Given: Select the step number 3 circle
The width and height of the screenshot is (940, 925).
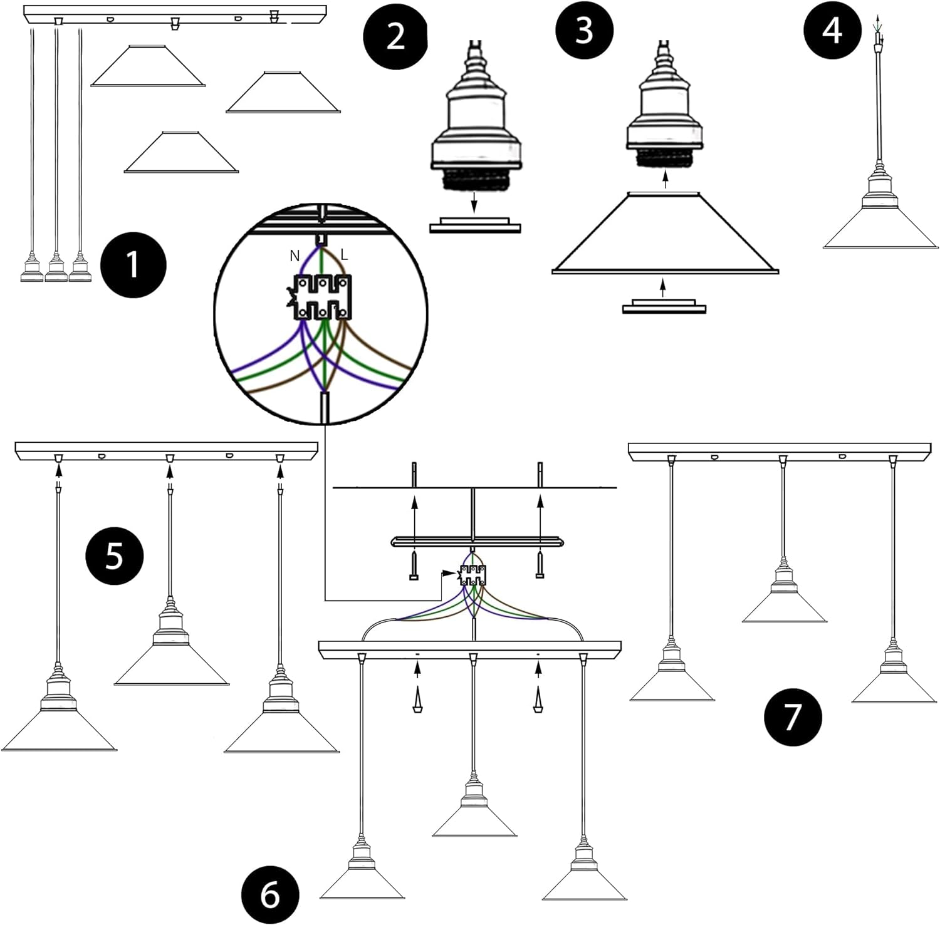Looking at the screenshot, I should pyautogui.click(x=584, y=29).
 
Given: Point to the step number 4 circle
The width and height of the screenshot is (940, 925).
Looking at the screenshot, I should pyautogui.click(x=832, y=29).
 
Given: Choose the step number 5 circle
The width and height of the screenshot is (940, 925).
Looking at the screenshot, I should pyautogui.click(x=113, y=555).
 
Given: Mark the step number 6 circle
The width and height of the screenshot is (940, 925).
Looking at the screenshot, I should pyautogui.click(x=270, y=895).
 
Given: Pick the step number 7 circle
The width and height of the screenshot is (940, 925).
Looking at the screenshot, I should pyautogui.click(x=792, y=716).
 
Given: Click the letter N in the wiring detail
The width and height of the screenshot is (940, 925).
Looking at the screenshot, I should pyautogui.click(x=294, y=256).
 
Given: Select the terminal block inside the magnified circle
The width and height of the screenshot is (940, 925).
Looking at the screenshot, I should pyautogui.click(x=323, y=297).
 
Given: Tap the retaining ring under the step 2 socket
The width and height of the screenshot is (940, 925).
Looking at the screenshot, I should pyautogui.click(x=475, y=225).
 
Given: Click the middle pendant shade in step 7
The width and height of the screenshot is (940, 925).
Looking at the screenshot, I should pyautogui.click(x=784, y=607).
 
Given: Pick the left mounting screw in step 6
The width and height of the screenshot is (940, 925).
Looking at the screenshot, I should pyautogui.click(x=414, y=566).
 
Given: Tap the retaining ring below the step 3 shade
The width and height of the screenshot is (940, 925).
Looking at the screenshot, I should pyautogui.click(x=664, y=306).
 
